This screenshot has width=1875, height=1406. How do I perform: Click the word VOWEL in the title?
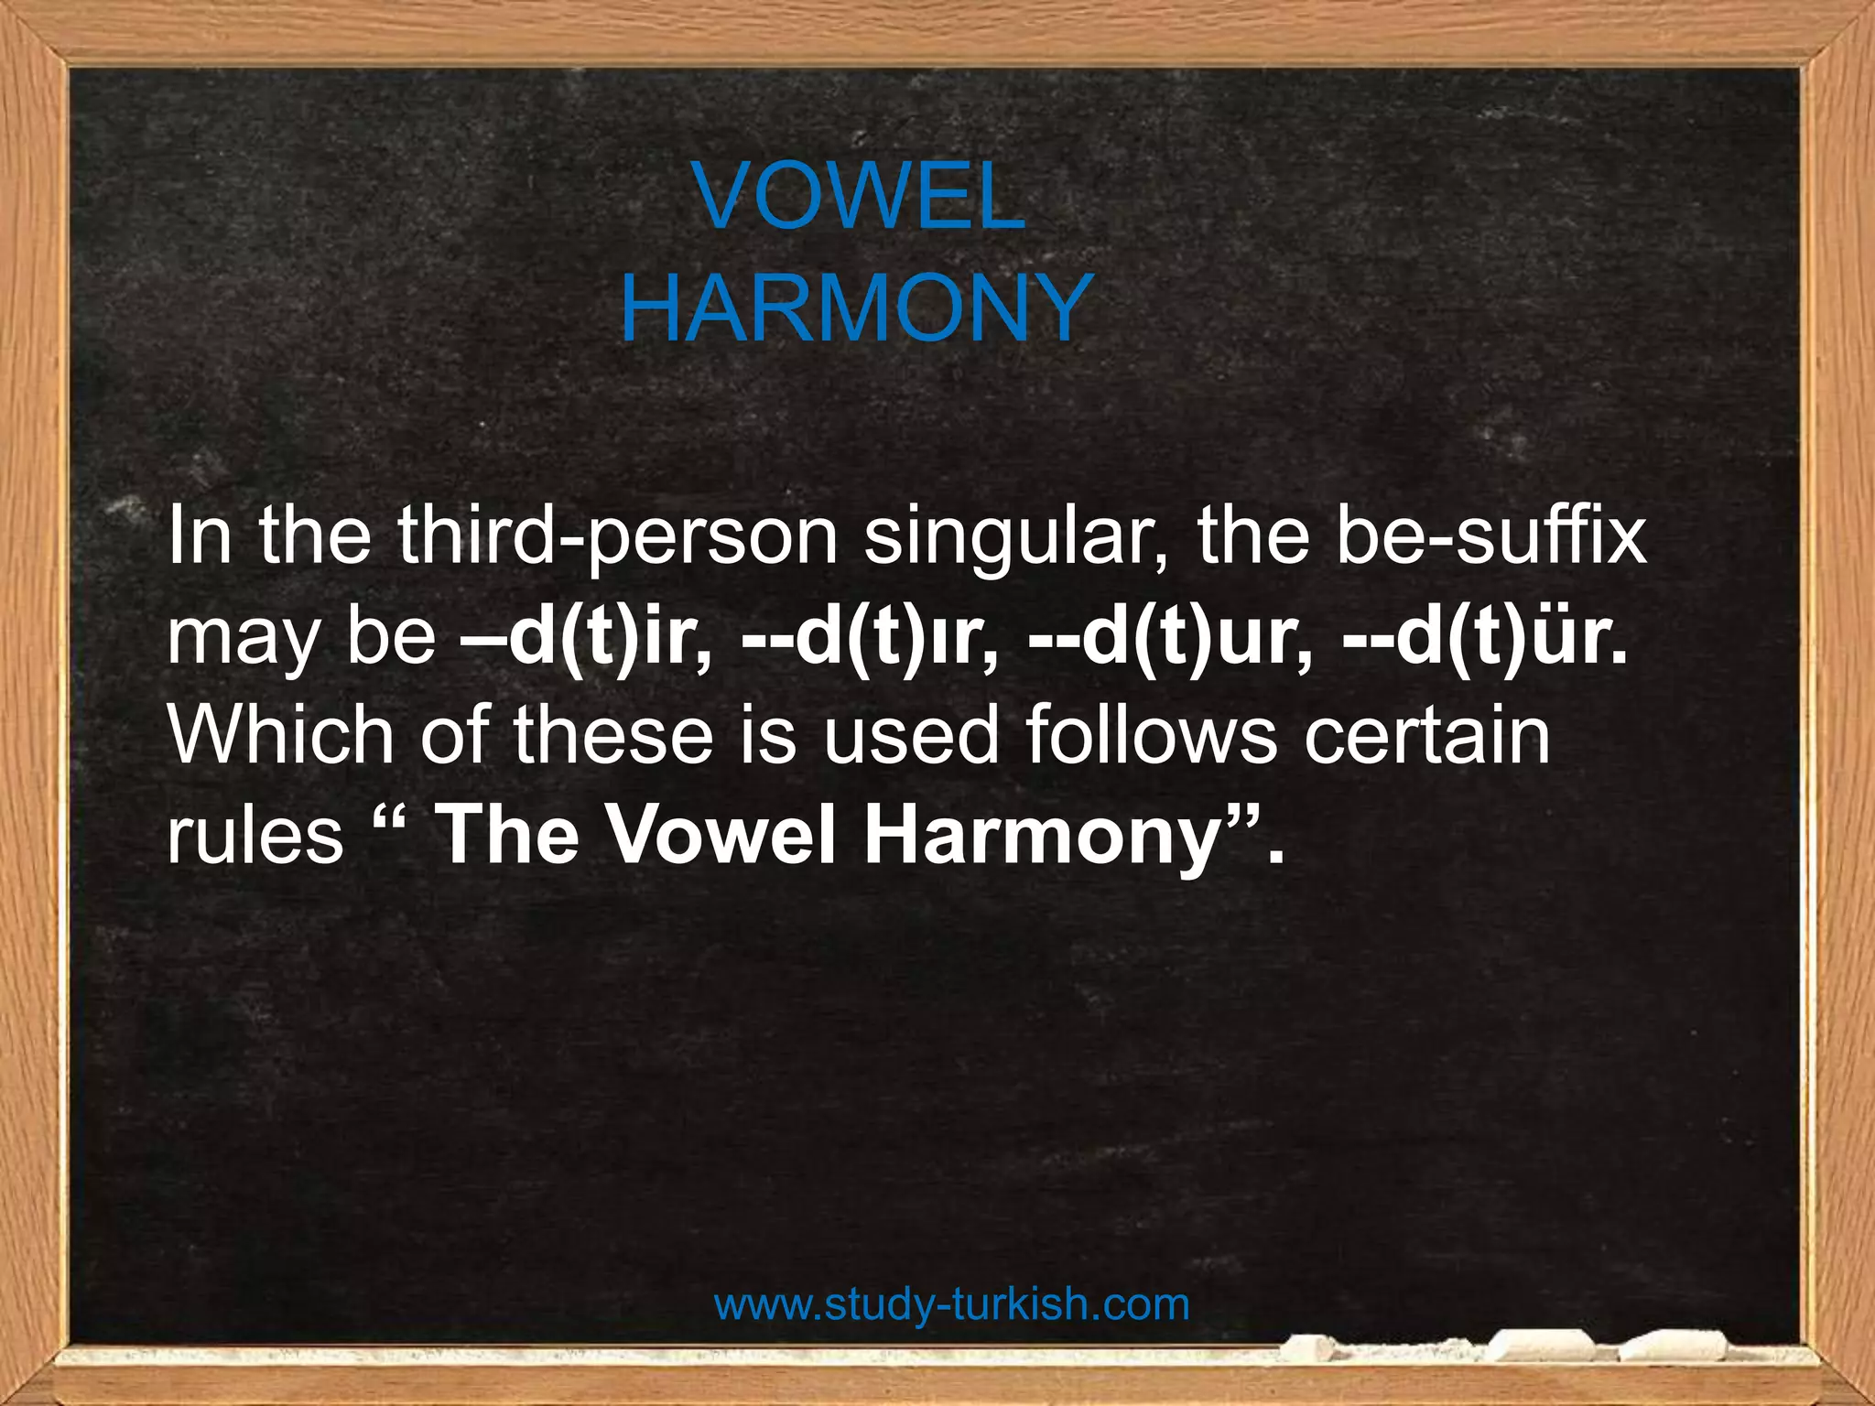coord(859,198)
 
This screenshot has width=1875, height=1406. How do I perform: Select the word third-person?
coord(619,537)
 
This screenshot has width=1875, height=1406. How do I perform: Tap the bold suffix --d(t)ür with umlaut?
coord(1484,638)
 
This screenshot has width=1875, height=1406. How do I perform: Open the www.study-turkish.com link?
coord(951,1304)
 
